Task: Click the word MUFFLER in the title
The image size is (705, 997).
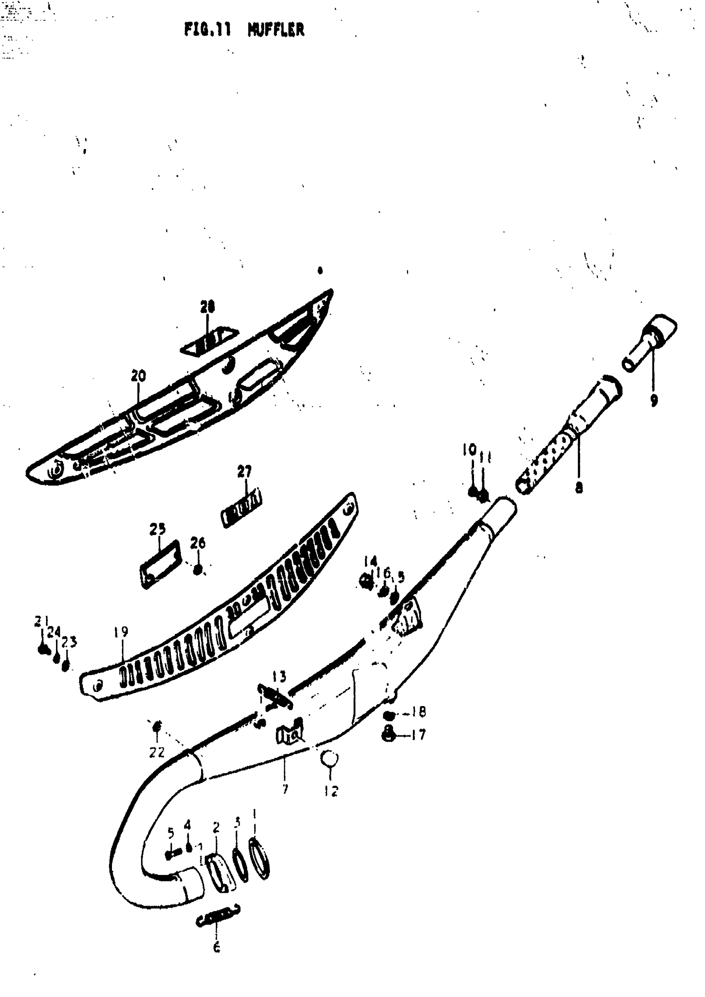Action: click(x=276, y=30)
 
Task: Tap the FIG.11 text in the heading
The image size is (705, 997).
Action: click(x=208, y=30)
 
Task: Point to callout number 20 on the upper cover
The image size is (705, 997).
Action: click(x=139, y=376)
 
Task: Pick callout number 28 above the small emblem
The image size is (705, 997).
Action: click(x=207, y=308)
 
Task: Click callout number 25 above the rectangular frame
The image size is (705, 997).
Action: click(x=158, y=529)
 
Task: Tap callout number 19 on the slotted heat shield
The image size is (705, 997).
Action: click(x=121, y=632)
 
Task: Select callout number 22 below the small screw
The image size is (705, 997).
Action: click(x=157, y=752)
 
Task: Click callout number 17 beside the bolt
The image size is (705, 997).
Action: click(x=418, y=735)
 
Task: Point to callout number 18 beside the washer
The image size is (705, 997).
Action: click(x=418, y=712)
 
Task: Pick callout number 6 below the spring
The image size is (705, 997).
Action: click(x=216, y=947)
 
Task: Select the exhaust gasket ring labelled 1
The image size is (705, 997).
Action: click(x=259, y=859)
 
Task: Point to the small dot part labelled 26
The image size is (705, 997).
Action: click(x=197, y=569)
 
